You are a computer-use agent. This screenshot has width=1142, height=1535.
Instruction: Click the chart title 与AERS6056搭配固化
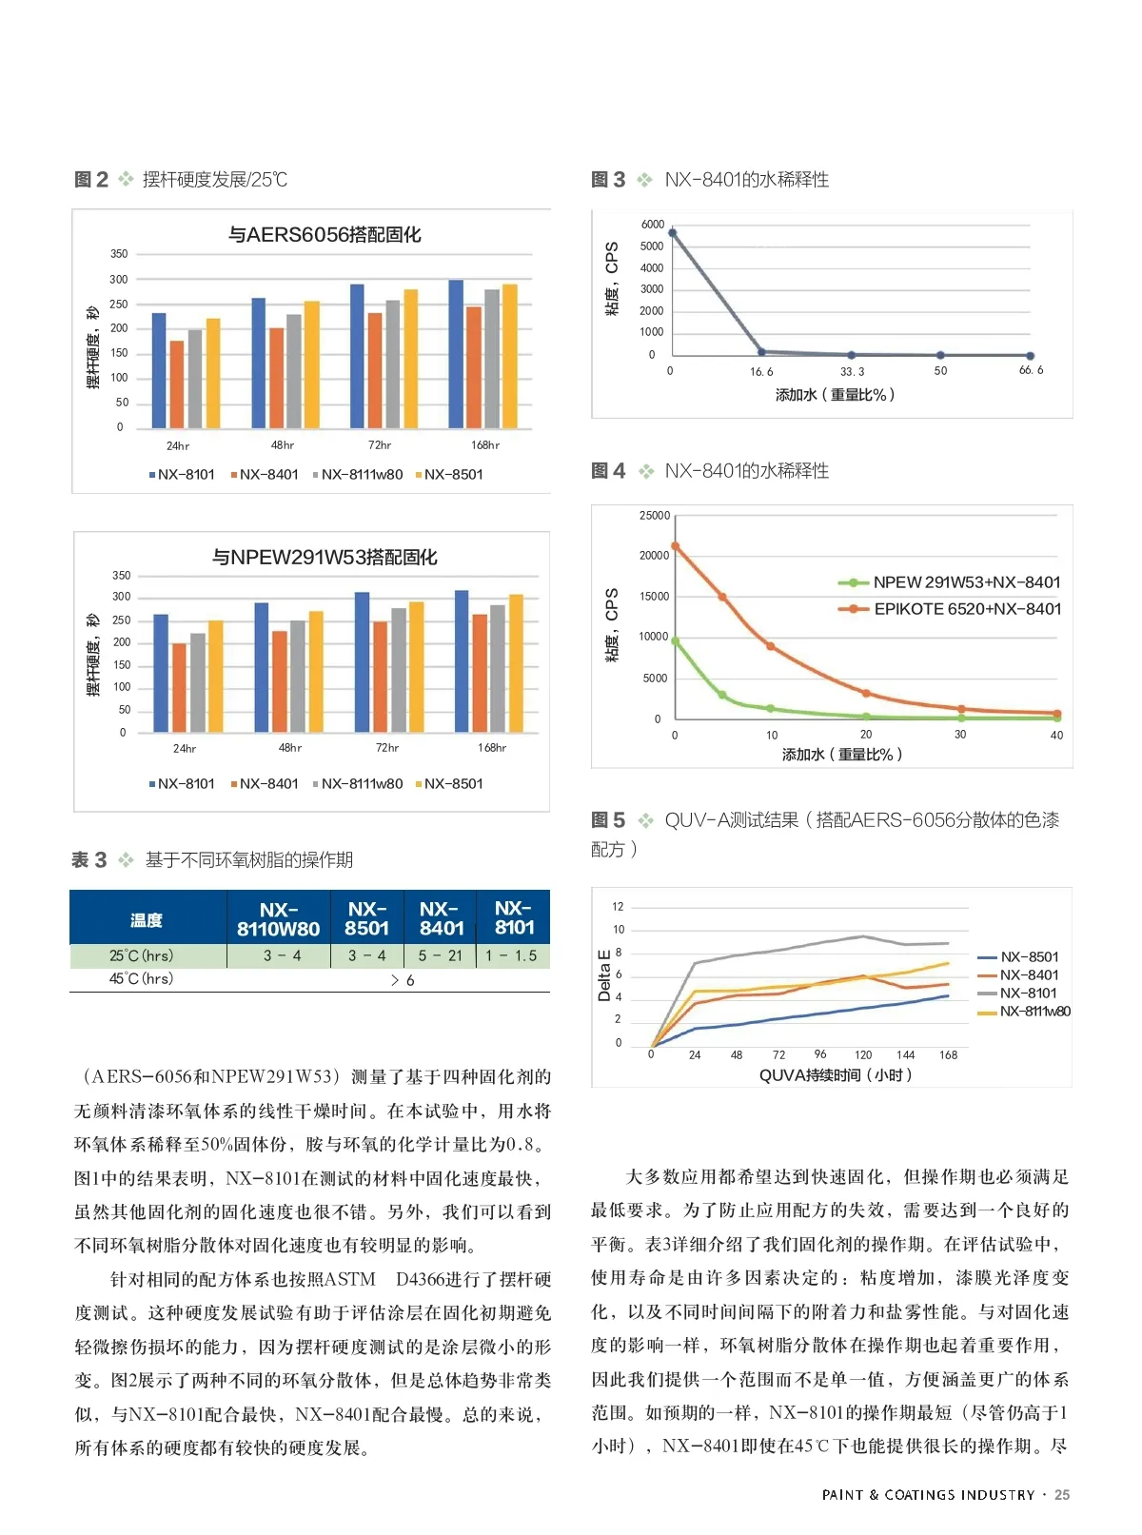pyautogui.click(x=325, y=234)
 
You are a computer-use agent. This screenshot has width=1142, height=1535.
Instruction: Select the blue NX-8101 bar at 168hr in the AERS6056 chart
pyautogui.click(x=456, y=354)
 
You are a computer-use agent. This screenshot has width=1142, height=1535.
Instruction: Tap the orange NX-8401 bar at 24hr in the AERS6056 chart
pyautogui.click(x=177, y=384)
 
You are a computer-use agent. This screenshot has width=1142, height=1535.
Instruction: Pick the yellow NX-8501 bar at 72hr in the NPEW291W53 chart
pyautogui.click(x=416, y=666)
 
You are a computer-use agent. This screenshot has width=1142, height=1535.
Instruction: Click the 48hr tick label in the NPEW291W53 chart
pyautogui.click(x=289, y=748)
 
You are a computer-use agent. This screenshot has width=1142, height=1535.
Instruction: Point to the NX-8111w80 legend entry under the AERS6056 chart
pyautogui.click(x=358, y=474)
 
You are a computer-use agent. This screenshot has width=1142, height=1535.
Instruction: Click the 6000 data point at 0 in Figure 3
pyautogui.click(x=673, y=232)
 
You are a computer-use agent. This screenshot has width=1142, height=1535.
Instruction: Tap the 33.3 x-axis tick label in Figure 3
pyautogui.click(x=853, y=371)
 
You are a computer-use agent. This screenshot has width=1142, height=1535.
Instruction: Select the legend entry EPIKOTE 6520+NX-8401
pyautogui.click(x=966, y=609)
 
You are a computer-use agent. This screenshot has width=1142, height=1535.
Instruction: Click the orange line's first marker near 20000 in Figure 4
pyautogui.click(x=676, y=546)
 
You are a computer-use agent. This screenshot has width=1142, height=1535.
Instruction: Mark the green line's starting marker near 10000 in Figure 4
pyautogui.click(x=676, y=641)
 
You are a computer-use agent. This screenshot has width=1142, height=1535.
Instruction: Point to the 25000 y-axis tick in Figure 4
pyautogui.click(x=655, y=516)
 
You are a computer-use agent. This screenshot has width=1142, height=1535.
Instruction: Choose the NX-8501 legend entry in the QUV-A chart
pyautogui.click(x=1029, y=956)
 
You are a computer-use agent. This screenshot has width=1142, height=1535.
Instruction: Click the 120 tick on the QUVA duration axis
pyautogui.click(x=863, y=1054)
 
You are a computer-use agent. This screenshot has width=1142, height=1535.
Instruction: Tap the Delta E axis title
pyautogui.click(x=604, y=974)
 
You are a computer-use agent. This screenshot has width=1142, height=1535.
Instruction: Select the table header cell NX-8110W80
pyautogui.click(x=279, y=918)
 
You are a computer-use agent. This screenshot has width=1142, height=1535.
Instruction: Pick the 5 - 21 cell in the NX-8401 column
pyautogui.click(x=441, y=955)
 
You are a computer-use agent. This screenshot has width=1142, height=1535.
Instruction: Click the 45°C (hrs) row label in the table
pyautogui.click(x=142, y=978)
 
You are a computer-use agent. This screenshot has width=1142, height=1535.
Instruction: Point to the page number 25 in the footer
pyautogui.click(x=1062, y=1495)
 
